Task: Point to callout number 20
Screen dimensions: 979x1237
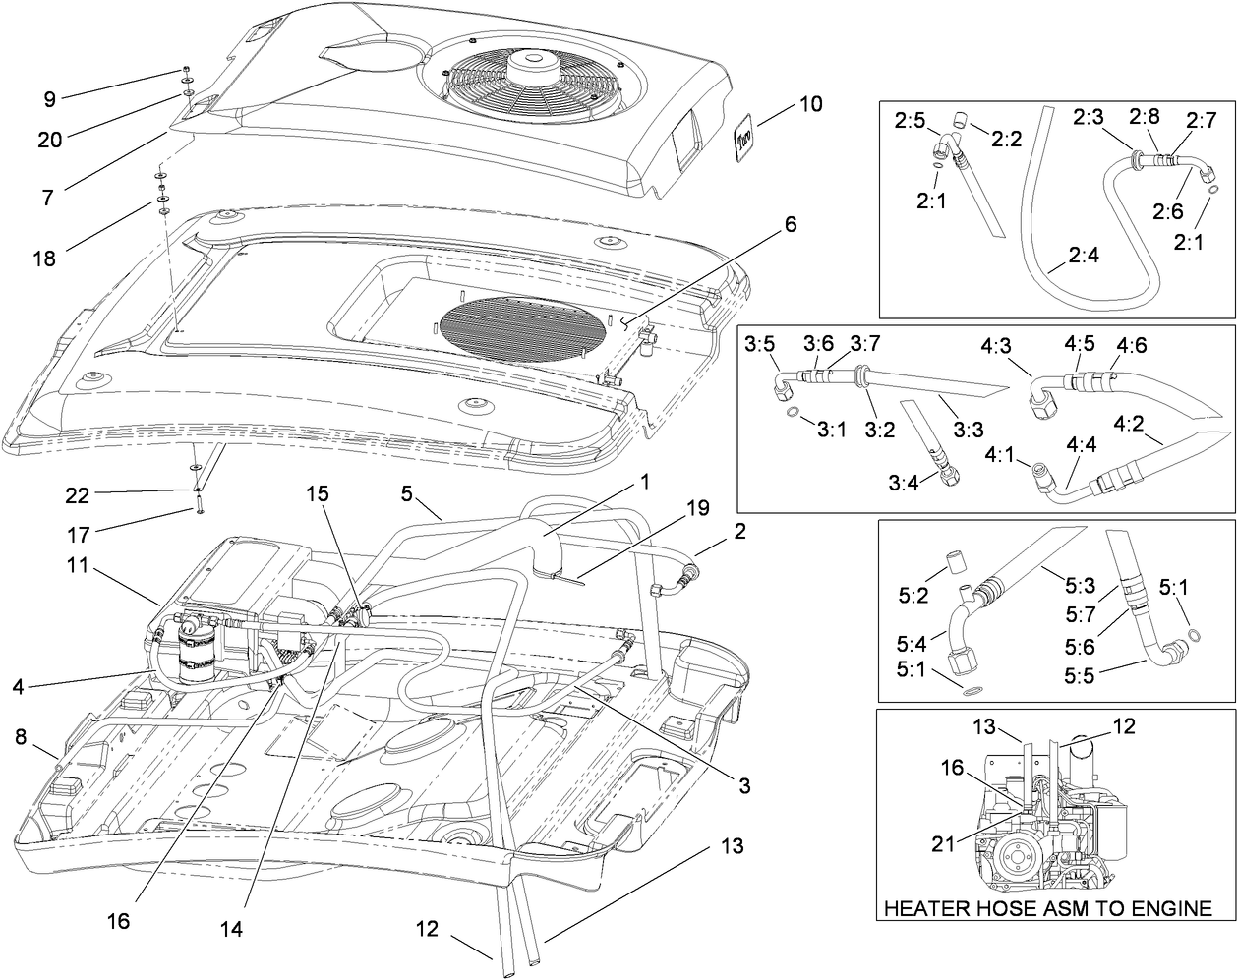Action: click(x=50, y=140)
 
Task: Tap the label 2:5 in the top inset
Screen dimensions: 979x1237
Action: click(x=911, y=121)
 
